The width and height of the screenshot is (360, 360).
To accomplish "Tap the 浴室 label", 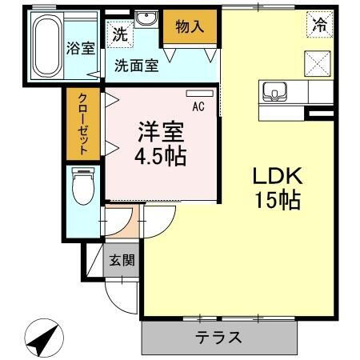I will (81, 47).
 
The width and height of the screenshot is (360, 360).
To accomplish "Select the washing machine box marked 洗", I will (119, 34).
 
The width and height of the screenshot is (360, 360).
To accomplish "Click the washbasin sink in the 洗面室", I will (146, 19).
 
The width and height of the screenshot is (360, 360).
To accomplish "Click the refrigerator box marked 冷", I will (319, 24).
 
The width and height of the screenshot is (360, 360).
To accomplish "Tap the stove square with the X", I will (318, 62).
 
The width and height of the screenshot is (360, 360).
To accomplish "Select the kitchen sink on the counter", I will (276, 92).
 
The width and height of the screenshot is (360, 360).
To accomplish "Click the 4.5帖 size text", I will (160, 156).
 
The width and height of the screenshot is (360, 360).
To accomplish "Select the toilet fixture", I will (82, 189).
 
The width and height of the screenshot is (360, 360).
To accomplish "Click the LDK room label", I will (278, 176).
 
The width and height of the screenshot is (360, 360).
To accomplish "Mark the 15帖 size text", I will (278, 201).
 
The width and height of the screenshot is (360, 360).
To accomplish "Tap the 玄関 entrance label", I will (122, 260).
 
